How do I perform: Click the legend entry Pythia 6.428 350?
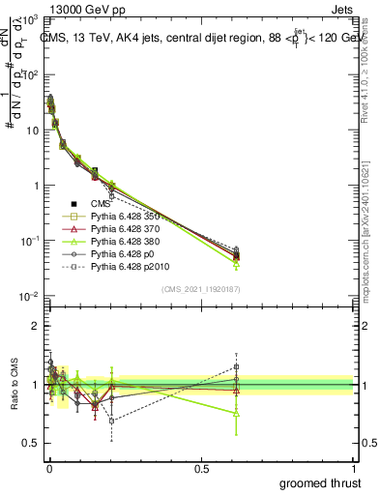[132, 217]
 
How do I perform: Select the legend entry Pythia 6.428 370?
[132, 229]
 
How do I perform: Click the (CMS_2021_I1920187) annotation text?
[199, 288]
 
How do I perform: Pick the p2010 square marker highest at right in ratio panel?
[237, 367]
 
